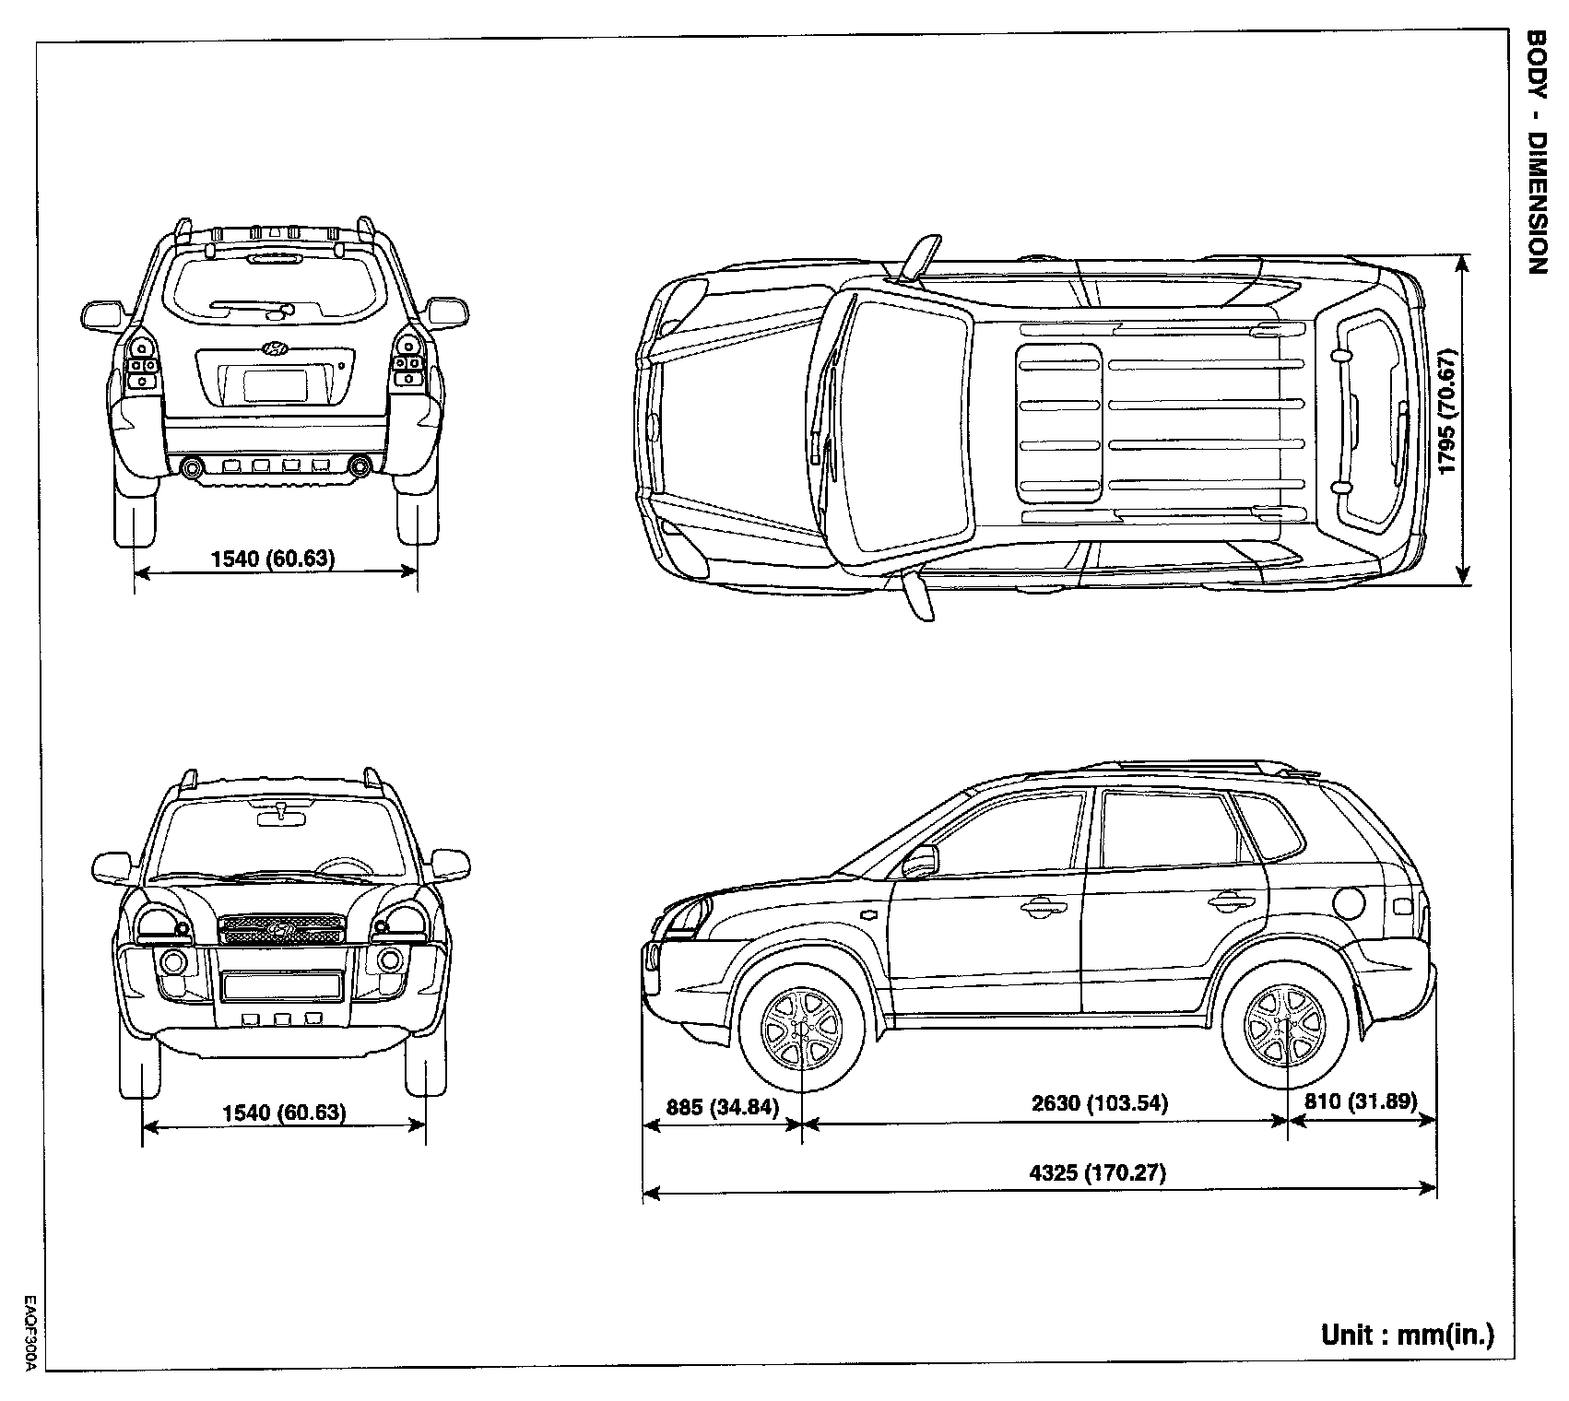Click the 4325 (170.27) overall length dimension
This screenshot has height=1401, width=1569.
click(1096, 1173)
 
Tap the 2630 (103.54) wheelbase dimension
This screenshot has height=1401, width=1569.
click(1099, 1103)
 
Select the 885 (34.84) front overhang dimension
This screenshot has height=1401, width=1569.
click(722, 1107)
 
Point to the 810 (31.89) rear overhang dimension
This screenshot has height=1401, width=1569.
click(1361, 1101)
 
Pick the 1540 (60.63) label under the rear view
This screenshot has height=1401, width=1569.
click(273, 558)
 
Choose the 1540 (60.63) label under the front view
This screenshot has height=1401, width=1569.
click(284, 1113)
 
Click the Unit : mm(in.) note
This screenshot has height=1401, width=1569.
click(1407, 1335)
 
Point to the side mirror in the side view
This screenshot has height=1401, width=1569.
click(922, 861)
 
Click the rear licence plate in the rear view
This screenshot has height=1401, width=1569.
click(275, 383)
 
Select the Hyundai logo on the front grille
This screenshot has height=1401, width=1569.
click(280, 929)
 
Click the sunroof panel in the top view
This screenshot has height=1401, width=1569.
click(1060, 423)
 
